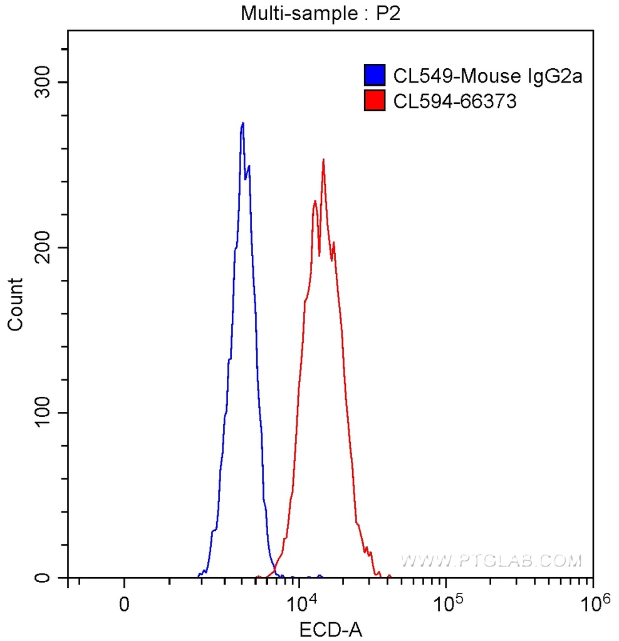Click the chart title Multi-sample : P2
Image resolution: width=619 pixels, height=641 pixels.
[320, 14]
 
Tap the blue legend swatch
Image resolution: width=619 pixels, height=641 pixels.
[374, 75]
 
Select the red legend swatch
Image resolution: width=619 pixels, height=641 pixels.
[374, 100]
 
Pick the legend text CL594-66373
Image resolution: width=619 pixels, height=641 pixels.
[455, 101]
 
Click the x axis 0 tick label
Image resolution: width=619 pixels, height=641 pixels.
[125, 605]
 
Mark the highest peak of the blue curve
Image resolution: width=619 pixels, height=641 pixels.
[242, 123]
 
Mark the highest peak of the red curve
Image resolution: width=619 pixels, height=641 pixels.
[323, 160]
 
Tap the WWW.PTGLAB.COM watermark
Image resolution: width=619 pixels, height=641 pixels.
[491, 560]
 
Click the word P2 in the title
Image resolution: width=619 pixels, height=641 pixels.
[388, 14]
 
